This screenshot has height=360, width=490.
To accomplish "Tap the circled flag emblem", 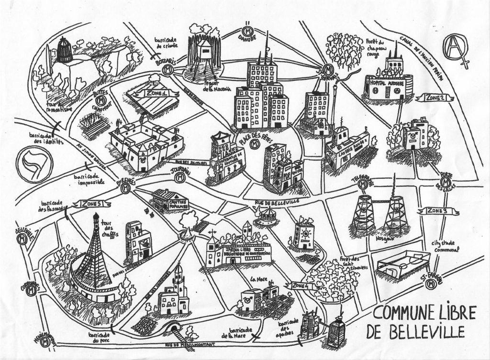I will (x=35, y=165).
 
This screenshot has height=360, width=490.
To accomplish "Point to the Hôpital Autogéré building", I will (x=388, y=85).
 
